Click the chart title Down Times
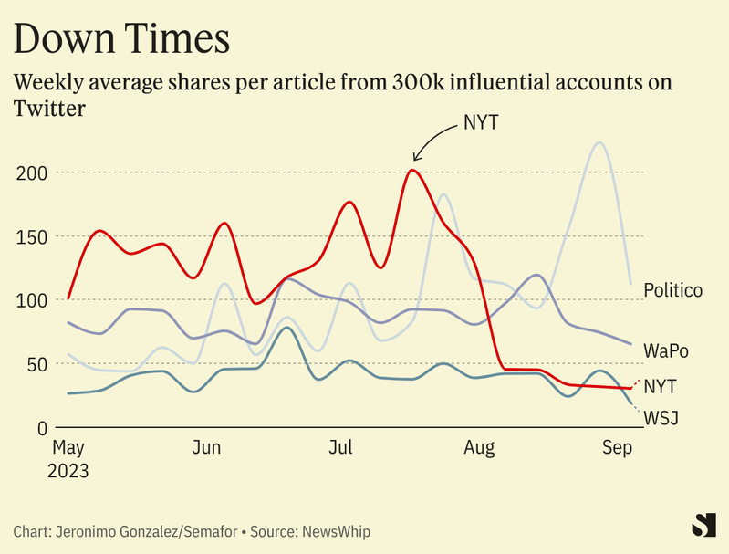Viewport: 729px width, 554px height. click(121, 40)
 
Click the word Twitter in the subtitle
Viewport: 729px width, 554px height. click(50, 109)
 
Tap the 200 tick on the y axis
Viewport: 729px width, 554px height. click(33, 172)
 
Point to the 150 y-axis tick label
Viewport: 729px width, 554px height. click(33, 236)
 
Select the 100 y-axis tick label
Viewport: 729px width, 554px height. click(33, 300)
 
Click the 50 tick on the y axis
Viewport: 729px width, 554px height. click(37, 364)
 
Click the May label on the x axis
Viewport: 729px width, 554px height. click(68, 449)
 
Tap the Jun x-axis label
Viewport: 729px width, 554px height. click(207, 449)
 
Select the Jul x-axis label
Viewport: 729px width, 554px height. click(340, 449)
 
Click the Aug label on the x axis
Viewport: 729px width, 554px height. click(479, 449)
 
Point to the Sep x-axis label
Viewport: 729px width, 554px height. click(618, 449)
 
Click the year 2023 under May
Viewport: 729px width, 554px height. click(69, 472)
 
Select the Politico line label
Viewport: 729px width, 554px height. click(672, 291)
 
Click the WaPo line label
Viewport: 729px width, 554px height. click(666, 350)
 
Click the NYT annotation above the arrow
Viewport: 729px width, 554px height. click(480, 122)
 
